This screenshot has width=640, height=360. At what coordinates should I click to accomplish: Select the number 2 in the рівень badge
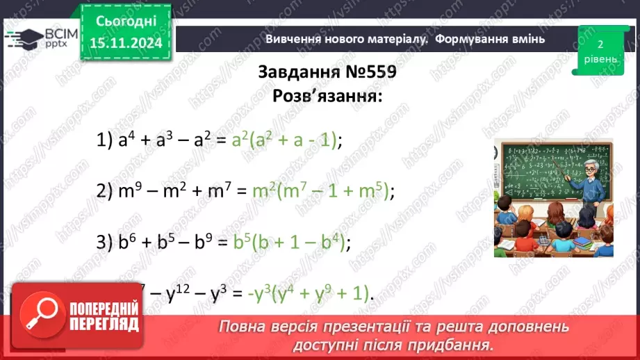click(x=599, y=44)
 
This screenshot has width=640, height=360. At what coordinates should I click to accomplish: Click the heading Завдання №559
click(x=327, y=73)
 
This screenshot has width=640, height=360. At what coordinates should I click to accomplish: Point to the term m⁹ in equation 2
click(x=127, y=190)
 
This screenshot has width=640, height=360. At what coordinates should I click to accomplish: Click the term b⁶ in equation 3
click(x=124, y=242)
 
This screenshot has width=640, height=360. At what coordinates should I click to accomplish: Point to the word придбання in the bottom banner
click(x=452, y=345)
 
